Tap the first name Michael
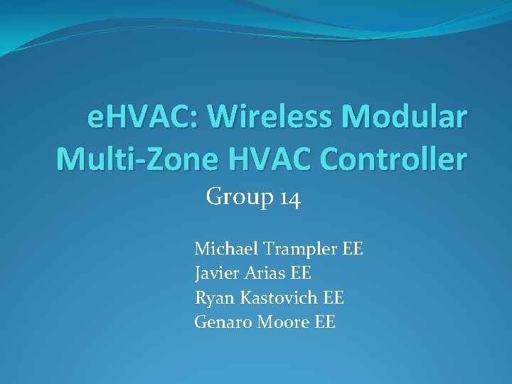(225, 249)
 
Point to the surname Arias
(266, 272)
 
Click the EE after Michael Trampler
(353, 249)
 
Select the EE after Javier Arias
(302, 272)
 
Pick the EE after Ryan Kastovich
(334, 297)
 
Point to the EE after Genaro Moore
(324, 322)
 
